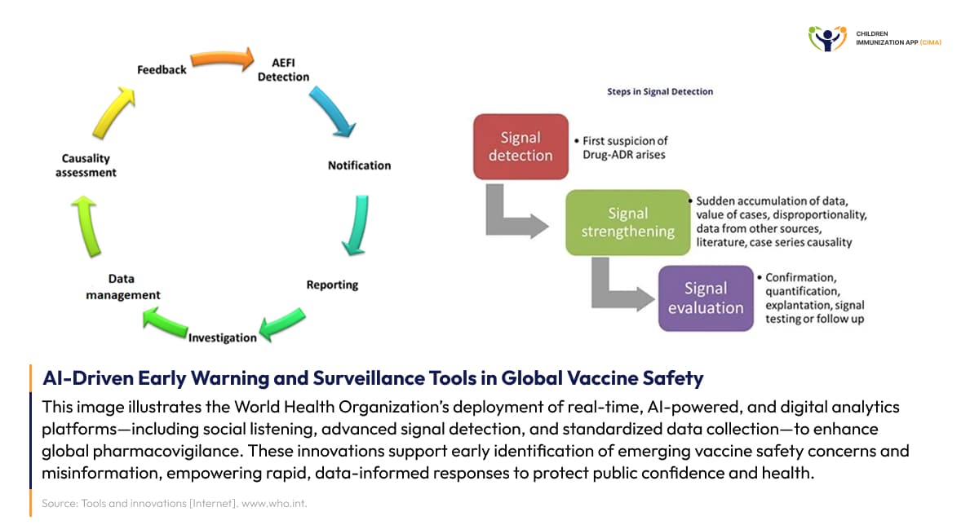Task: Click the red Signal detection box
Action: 521,147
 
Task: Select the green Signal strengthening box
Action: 627,222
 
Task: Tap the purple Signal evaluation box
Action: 706,298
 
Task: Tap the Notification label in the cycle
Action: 359,165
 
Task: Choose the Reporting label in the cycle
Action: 332,285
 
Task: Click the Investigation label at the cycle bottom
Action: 223,337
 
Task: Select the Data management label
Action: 123,287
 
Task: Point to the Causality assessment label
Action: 89,165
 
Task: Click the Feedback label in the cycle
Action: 162,70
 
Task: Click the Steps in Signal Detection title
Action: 660,91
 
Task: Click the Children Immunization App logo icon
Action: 827,37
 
